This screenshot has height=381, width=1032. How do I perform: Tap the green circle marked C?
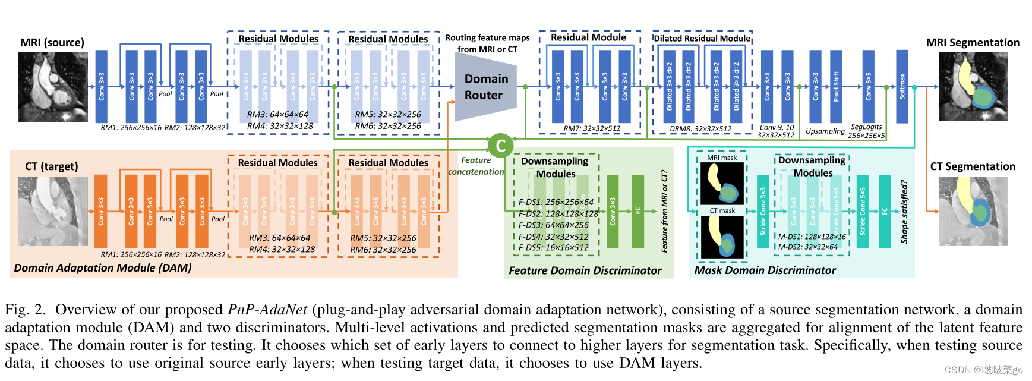pyautogui.click(x=500, y=146)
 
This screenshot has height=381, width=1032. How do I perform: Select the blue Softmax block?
pyautogui.click(x=902, y=87)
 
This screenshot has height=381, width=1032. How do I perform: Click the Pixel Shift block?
pyautogui.click(x=836, y=87)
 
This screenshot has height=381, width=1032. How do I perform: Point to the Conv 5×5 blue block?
pyautogui.click(x=868, y=87)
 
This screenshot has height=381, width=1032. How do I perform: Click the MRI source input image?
pyautogui.click(x=53, y=87)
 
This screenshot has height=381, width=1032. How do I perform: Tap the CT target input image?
pyautogui.click(x=53, y=211)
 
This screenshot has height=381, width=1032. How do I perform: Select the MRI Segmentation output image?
pyautogui.click(x=973, y=87)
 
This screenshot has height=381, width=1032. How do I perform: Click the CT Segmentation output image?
pyautogui.click(x=973, y=211)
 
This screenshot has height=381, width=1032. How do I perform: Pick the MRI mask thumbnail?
pyautogui.click(x=722, y=184)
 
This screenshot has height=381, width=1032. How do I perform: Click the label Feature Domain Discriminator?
pyautogui.click(x=585, y=270)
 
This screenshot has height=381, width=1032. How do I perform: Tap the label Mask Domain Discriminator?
pyautogui.click(x=765, y=270)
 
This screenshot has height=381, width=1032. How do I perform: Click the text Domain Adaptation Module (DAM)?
pyautogui.click(x=103, y=268)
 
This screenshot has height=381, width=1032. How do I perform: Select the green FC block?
pyautogui.click(x=638, y=211)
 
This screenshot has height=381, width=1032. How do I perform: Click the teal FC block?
pyautogui.click(x=884, y=211)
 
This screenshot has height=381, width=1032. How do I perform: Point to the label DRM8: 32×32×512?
pyautogui.click(x=700, y=128)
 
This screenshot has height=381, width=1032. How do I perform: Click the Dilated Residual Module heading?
pyautogui.click(x=702, y=39)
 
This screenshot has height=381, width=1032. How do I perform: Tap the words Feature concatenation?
pyautogui.click(x=476, y=166)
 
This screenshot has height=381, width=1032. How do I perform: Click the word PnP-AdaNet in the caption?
pyautogui.click(x=267, y=310)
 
